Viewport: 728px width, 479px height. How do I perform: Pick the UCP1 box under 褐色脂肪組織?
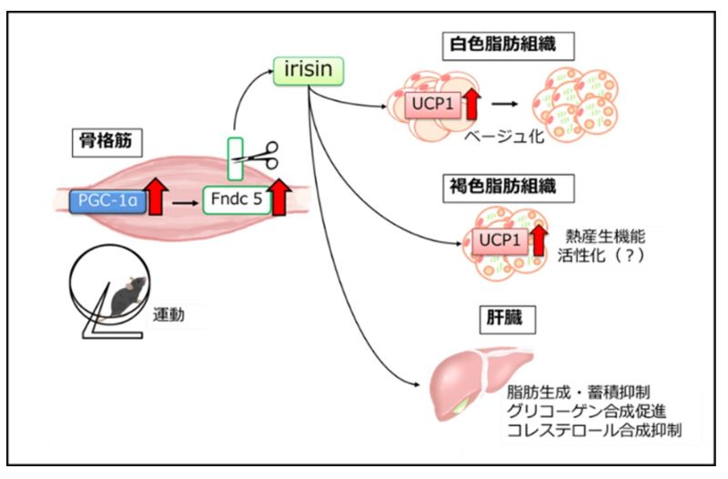(497, 241)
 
